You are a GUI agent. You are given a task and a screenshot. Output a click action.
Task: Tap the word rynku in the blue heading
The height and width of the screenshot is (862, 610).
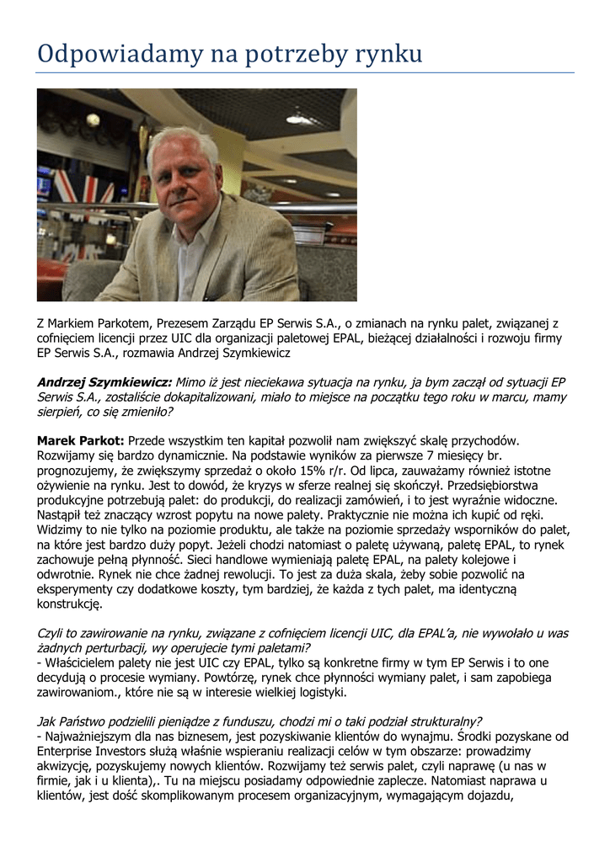pyautogui.click(x=385, y=56)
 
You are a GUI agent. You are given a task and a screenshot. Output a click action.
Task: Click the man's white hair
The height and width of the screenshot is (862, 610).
pyautogui.click(x=180, y=143)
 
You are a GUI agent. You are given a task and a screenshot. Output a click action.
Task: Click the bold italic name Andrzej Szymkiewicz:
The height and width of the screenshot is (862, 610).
pyautogui.click(x=104, y=381)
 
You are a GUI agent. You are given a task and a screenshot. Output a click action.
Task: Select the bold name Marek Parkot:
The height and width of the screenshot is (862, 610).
pyautogui.click(x=81, y=440)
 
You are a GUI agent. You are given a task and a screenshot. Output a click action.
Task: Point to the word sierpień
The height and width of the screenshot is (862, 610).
pyautogui.click(x=61, y=412)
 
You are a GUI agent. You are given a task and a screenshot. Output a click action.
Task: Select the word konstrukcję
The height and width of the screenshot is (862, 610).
pyautogui.click(x=70, y=604)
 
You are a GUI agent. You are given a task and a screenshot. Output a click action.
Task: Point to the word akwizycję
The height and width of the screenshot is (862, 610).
pyautogui.click(x=65, y=767)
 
